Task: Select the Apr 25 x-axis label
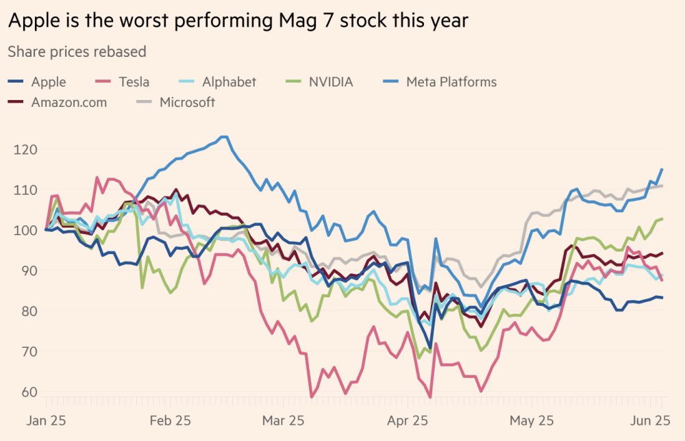[x=410, y=420]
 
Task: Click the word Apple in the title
[x=34, y=21]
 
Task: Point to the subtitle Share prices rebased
[x=77, y=51]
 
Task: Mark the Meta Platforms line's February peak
[x=224, y=137]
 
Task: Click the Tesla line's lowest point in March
[x=312, y=396]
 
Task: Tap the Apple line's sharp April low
[x=429, y=348]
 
